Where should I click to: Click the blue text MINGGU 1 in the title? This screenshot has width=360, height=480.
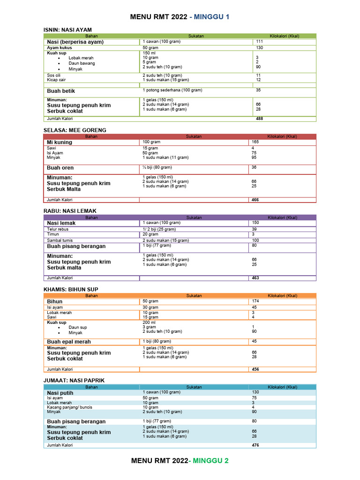(210, 17)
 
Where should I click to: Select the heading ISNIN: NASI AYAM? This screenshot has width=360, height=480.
(67, 30)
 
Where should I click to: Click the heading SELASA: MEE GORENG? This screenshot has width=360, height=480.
(75, 130)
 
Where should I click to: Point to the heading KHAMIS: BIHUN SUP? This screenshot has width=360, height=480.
(71, 289)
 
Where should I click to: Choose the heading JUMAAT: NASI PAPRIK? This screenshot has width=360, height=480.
(74, 380)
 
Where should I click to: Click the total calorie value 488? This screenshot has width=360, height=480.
(259, 119)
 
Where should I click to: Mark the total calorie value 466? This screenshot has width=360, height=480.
(255, 200)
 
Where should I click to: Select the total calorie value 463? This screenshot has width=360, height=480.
(255, 278)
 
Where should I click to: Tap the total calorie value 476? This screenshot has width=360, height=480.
(255, 445)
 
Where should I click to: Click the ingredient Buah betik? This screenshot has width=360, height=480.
(61, 91)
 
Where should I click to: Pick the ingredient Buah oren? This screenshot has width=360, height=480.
(60, 168)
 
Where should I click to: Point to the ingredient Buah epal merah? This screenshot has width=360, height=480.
(69, 342)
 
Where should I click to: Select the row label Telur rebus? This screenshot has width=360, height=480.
(58, 229)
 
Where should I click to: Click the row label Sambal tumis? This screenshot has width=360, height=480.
(59, 240)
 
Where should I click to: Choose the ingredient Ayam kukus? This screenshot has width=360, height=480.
(60, 48)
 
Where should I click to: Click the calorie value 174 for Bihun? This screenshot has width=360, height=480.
(255, 301)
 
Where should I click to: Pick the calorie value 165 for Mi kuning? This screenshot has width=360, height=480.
(255, 142)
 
